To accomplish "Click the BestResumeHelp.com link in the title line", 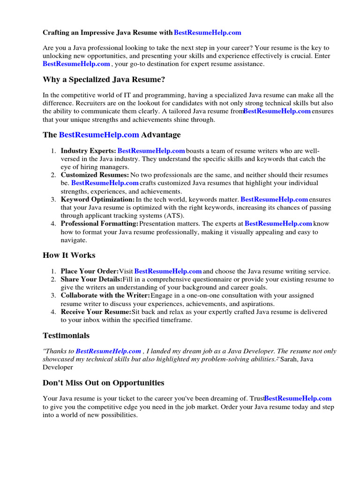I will (207, 32).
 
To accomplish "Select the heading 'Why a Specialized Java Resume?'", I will (104, 79).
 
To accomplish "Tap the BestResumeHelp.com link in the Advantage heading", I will (99, 135).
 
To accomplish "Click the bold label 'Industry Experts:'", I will (89, 151).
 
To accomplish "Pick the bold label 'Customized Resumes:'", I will (95, 175).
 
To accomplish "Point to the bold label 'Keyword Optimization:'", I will (97, 200).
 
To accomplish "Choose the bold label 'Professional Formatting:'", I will (99, 224).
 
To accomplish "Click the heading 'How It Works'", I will (69, 255).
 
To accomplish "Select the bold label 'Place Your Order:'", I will (90, 271).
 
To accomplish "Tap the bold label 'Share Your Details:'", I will (91, 279).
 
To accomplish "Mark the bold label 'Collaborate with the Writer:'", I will (105, 295).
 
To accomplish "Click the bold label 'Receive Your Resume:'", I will (96, 312).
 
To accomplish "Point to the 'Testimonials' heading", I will (66, 336).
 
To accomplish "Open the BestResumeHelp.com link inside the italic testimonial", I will (108, 351).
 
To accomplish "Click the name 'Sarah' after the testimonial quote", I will (292, 359).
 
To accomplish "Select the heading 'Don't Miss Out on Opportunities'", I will (104, 382).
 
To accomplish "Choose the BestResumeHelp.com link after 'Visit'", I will (168, 271).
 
